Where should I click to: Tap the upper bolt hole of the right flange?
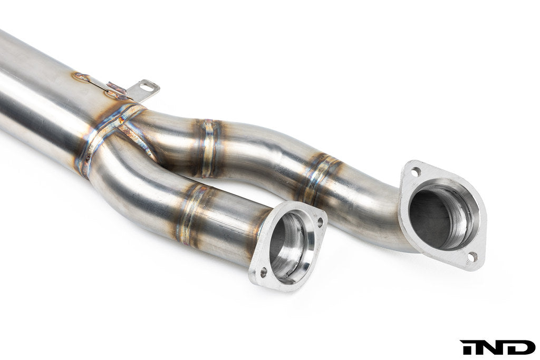[415, 172]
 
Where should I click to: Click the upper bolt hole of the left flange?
[319, 222]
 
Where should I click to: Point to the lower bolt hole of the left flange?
[262, 273]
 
